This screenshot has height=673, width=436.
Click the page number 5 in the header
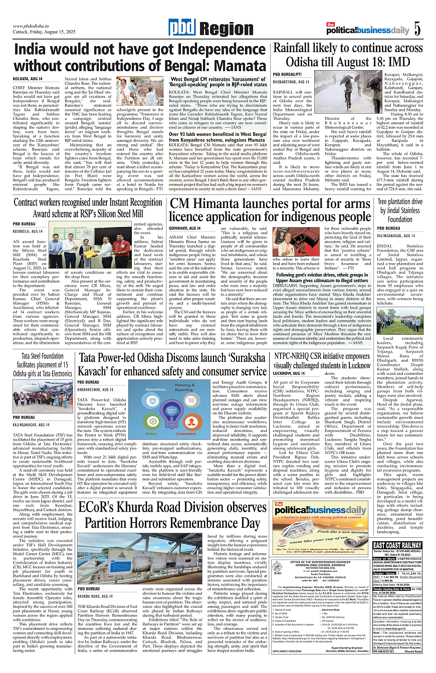tap(416, 29)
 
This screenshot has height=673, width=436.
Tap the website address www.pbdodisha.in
tap(33, 26)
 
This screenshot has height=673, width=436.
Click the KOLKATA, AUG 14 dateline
tap(28, 79)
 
